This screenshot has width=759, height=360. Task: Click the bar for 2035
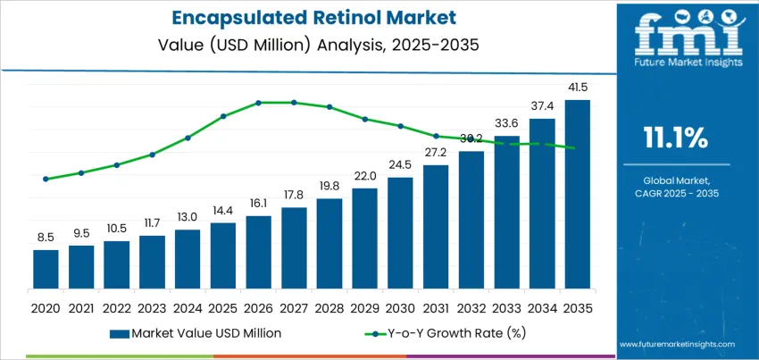tap(577, 194)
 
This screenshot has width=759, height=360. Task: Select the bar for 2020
tap(46, 269)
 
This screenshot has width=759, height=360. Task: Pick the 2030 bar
tap(400, 232)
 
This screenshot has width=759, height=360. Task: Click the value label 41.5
tap(577, 88)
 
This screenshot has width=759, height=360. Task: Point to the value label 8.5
tap(46, 238)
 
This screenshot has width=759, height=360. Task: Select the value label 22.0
tap(364, 177)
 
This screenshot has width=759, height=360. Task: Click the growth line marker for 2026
tap(259, 103)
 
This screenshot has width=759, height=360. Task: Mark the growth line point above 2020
tap(46, 179)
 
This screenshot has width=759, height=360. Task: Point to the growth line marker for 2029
tap(364, 119)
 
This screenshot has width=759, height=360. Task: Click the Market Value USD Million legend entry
tap(196, 333)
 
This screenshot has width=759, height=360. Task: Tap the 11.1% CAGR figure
tap(675, 138)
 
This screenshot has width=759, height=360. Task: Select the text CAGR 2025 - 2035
tap(675, 193)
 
